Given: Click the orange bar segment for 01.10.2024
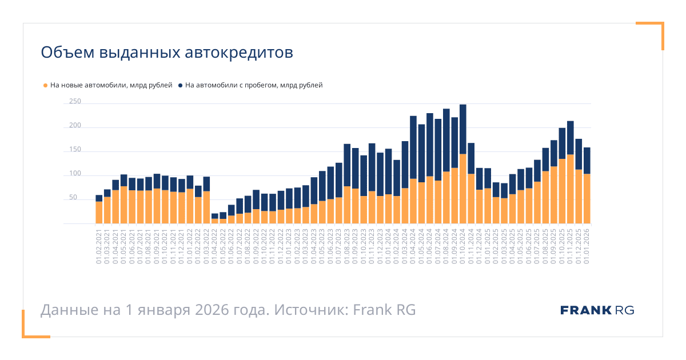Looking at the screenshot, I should [463, 189].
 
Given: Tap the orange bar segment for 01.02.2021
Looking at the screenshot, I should [99, 213].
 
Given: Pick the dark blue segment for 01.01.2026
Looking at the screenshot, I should [587, 161].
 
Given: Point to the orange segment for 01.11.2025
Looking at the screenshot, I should [570, 189].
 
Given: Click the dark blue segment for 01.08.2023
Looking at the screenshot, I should [347, 165].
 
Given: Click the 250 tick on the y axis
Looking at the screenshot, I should [75, 102].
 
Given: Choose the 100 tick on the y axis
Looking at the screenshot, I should [75, 174].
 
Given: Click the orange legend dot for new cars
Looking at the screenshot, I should [45, 86].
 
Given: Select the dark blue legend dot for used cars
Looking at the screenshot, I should [180, 86].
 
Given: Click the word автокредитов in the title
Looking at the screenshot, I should [240, 53].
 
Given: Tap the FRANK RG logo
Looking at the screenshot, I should [597, 310].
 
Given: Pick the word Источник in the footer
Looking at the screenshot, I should [311, 310].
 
